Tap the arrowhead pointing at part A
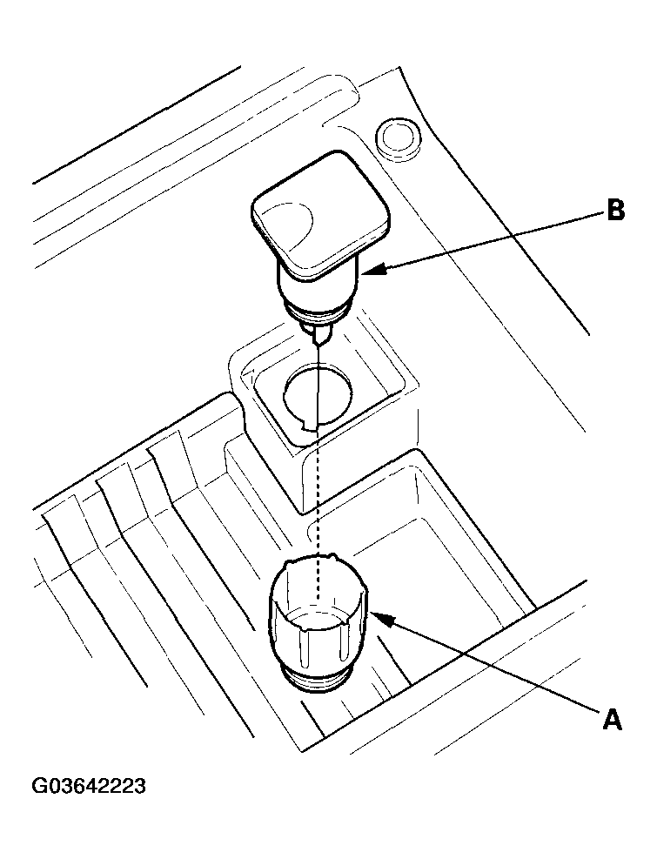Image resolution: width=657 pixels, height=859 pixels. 377,616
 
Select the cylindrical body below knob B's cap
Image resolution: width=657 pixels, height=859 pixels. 318,287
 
